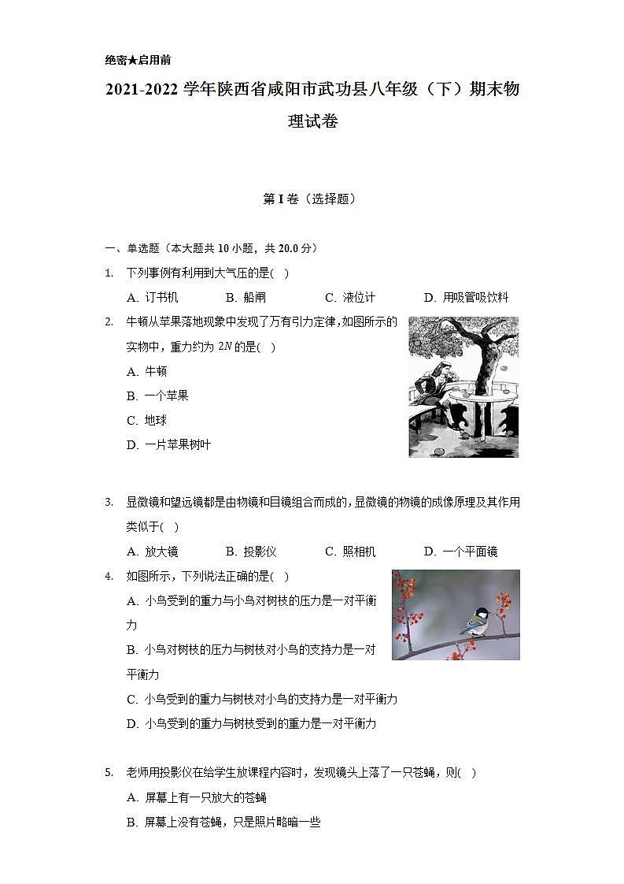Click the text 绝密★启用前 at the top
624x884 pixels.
(x=138, y=60)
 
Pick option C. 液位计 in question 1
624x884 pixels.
(x=350, y=297)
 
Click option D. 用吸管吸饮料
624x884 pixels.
(x=466, y=297)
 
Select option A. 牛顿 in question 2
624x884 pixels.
(x=147, y=371)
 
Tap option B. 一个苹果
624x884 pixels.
(x=157, y=396)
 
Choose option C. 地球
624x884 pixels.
(x=147, y=420)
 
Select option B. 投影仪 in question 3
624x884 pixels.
(x=251, y=552)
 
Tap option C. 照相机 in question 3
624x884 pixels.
(x=350, y=552)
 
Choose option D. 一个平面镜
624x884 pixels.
(x=460, y=552)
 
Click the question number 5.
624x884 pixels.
(x=109, y=773)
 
